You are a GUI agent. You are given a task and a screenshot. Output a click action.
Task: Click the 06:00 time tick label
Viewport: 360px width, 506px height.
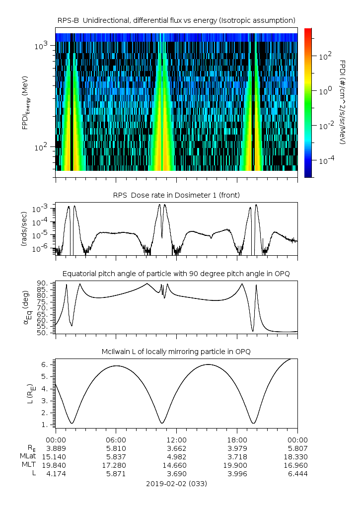click(116, 439)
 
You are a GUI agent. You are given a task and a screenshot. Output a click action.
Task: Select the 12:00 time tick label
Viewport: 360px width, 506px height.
click(176, 439)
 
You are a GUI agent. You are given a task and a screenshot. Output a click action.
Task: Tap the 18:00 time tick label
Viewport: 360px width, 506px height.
click(237, 439)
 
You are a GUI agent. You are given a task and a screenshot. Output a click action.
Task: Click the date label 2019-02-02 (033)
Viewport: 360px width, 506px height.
click(176, 483)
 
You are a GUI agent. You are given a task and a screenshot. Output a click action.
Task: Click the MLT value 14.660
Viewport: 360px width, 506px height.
click(176, 465)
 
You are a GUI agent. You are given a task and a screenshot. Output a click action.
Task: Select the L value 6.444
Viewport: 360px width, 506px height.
click(297, 474)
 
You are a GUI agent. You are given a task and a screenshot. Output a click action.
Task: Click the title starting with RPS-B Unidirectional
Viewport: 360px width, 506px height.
click(176, 20)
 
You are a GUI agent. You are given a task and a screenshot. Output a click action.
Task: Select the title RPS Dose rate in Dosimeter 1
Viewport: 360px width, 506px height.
click(176, 195)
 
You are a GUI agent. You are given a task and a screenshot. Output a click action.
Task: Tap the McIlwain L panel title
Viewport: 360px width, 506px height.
click(176, 352)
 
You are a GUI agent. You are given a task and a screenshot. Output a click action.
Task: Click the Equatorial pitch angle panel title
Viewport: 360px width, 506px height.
click(176, 274)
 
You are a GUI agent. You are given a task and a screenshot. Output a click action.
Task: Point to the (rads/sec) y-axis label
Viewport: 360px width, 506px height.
click(23, 229)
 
